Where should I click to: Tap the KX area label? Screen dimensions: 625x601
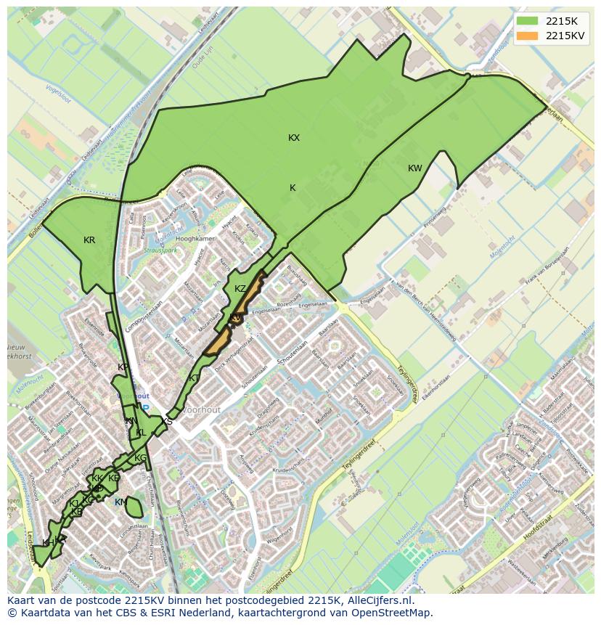point(294,138)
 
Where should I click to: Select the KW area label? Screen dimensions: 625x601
point(414,168)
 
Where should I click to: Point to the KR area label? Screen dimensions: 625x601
point(89,240)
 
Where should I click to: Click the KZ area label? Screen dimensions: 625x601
point(240,289)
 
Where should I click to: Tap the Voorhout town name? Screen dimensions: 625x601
point(201,410)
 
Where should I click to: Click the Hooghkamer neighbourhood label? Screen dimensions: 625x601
point(195,239)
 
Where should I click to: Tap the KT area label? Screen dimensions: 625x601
point(195,378)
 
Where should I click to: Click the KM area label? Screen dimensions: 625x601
point(120,502)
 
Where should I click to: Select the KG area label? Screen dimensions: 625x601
point(140,458)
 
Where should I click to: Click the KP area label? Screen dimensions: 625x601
point(123,367)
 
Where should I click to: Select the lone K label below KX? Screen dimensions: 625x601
point(293,188)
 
